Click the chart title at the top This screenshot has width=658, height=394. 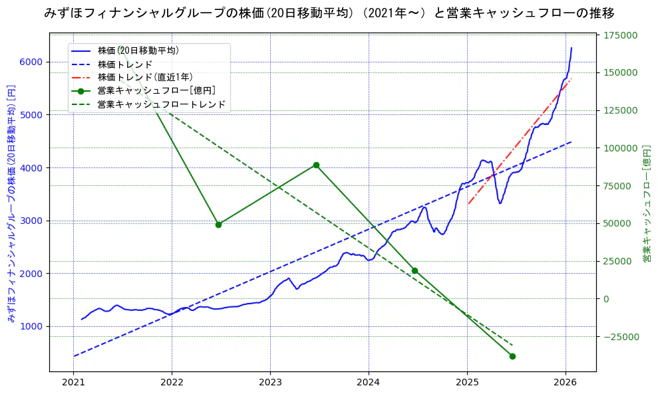click(x=329, y=13)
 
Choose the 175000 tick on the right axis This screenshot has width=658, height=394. click(x=619, y=35)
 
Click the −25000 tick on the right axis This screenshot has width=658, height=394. click(x=619, y=337)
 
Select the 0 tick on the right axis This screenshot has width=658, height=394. click(x=605, y=299)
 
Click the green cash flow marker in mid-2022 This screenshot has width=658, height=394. click(x=218, y=225)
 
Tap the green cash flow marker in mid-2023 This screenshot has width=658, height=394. click(x=316, y=165)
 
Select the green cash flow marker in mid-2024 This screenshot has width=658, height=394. click(x=414, y=270)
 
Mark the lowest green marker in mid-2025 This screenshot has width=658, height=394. click(x=512, y=356)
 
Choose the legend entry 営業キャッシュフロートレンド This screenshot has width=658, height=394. click(x=161, y=104)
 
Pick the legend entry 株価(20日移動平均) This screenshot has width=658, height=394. click(x=138, y=50)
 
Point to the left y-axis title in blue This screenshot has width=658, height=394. click(x=11, y=203)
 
